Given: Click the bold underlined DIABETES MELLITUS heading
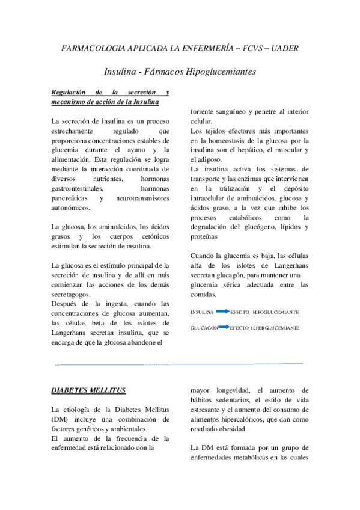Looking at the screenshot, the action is pyautogui.click(x=88, y=390).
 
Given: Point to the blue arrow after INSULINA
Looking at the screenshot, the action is pyautogui.click(x=222, y=312).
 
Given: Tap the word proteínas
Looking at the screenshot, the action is pyautogui.click(x=204, y=236).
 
